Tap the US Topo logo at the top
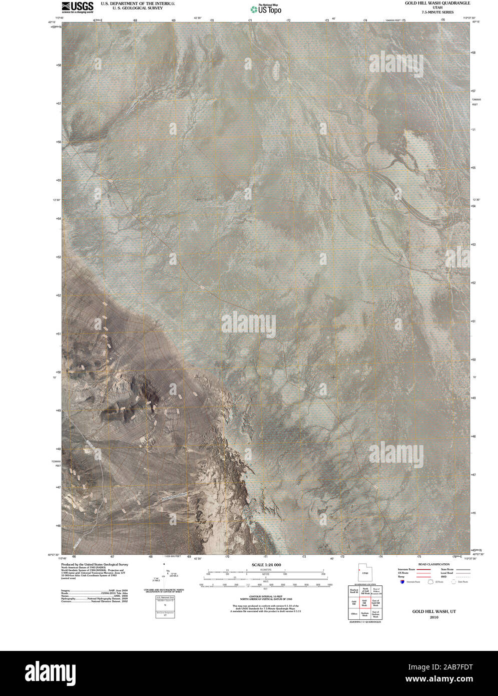(266, 9)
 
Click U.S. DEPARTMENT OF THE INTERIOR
(138, 3)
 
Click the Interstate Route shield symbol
(402, 582)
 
